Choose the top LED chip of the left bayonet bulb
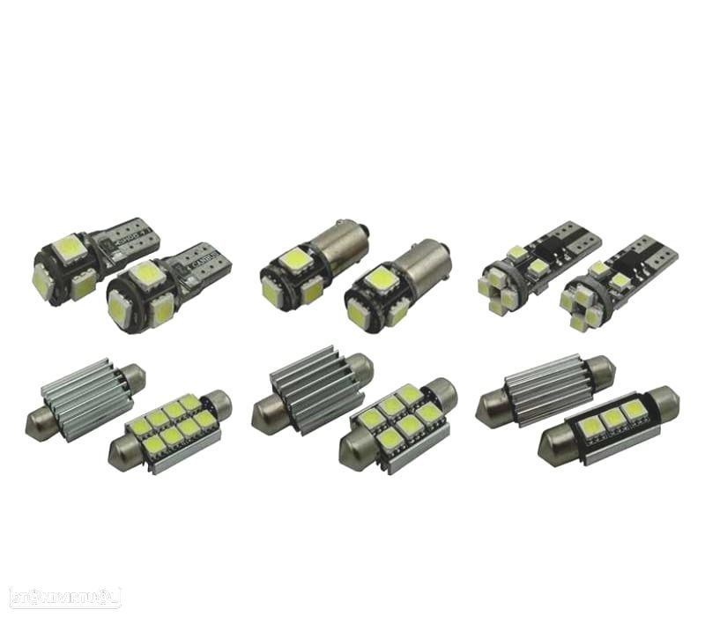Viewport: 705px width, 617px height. coord(293,259)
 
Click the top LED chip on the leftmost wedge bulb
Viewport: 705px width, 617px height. coord(69,247)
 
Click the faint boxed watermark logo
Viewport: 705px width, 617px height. coord(61,597)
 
